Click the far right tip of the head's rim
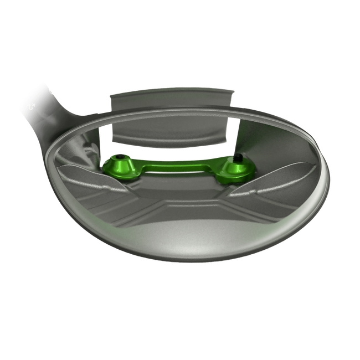(x=331, y=172)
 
